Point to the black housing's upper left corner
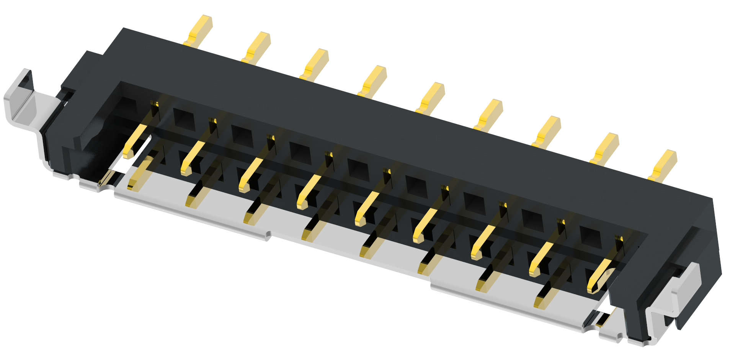click(123, 29)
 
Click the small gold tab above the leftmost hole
click(155, 103)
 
